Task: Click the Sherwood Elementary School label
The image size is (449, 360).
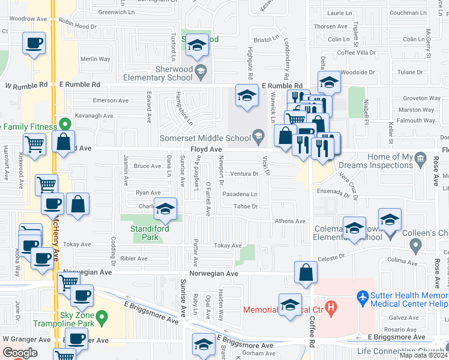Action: point(158,73)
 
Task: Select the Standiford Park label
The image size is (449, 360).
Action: point(149,233)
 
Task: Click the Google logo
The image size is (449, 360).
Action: point(20,353)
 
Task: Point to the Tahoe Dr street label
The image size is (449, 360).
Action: point(246,206)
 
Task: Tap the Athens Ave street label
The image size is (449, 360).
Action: point(291,221)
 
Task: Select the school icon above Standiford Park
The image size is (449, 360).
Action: point(166,209)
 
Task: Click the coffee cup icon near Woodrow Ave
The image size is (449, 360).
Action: point(34,44)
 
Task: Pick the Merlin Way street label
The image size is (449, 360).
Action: point(95,59)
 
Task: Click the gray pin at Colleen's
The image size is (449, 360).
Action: point(414,244)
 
